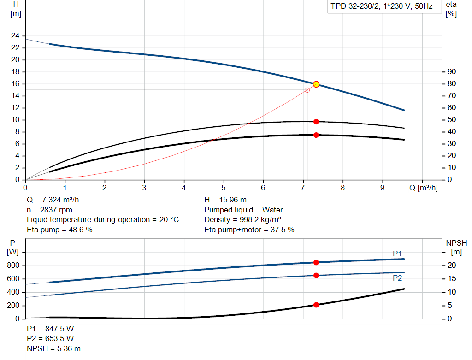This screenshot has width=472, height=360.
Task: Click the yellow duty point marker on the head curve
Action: coord(316,84)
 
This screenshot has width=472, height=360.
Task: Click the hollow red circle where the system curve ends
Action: coord(307,90)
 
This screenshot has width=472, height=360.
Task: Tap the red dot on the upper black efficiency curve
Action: coord(316,122)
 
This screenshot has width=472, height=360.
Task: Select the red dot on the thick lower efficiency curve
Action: coord(316,135)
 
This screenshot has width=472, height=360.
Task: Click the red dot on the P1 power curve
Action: coord(316,262)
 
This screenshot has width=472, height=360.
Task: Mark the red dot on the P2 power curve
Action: coord(316,275)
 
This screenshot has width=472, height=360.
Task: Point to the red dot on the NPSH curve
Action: coord(316,305)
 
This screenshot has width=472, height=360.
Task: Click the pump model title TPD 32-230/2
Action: coord(381,7)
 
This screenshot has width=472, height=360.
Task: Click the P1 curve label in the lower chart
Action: coord(397,254)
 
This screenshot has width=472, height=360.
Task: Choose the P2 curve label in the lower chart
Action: coord(397,278)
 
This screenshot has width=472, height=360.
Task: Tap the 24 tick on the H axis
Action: coord(15,36)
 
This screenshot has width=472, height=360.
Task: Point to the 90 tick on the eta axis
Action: coord(451,72)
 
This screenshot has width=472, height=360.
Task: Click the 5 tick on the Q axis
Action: coord(224,188)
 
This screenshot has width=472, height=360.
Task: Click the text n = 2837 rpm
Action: coord(50,210)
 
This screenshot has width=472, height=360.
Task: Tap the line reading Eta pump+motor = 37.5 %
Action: coord(249,230)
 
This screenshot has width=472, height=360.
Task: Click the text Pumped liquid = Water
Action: coord(243,210)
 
